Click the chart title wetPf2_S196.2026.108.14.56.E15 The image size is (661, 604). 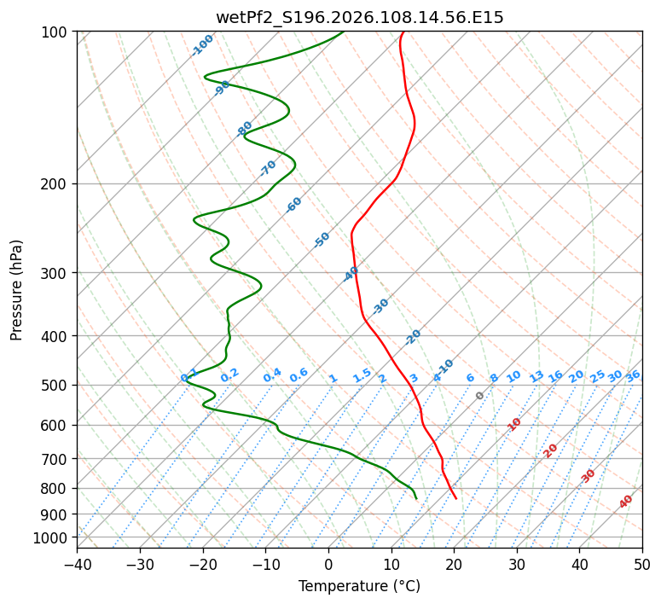coord(359,17)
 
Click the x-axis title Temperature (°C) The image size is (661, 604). coord(359,586)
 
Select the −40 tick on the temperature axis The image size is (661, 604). coord(77,564)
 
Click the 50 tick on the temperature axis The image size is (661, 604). coord(642,564)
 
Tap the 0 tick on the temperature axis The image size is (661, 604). coord(328,564)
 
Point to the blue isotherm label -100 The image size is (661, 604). coord(202,45)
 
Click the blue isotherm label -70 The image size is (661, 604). coord(268,168)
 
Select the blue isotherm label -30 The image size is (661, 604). coord(380,306)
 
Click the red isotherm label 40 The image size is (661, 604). coord(626,502)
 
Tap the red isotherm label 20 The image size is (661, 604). coord(551,450)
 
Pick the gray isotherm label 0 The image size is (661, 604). coord(480,396)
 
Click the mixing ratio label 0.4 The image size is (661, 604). coord(272,375)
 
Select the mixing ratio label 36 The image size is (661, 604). coord(633,375)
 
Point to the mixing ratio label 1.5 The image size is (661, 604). coord(362,375)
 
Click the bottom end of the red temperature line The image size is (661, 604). coord(455,498)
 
